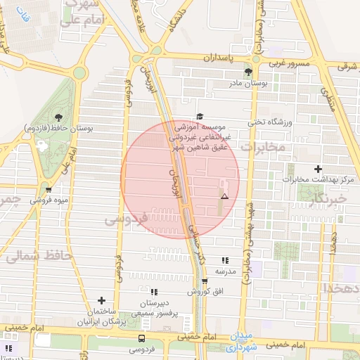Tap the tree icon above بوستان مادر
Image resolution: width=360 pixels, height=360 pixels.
point(247,72)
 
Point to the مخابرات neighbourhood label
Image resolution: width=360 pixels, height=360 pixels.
point(264,147)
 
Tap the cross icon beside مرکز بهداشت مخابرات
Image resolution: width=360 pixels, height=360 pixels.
point(319,169)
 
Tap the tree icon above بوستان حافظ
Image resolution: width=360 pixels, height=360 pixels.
point(58,117)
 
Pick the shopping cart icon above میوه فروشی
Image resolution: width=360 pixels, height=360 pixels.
point(48,189)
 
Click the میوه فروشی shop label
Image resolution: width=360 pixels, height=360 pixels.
point(49,200)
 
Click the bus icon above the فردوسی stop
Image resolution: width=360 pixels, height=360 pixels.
point(143,338)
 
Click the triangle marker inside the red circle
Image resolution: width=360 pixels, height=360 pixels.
point(225,196)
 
